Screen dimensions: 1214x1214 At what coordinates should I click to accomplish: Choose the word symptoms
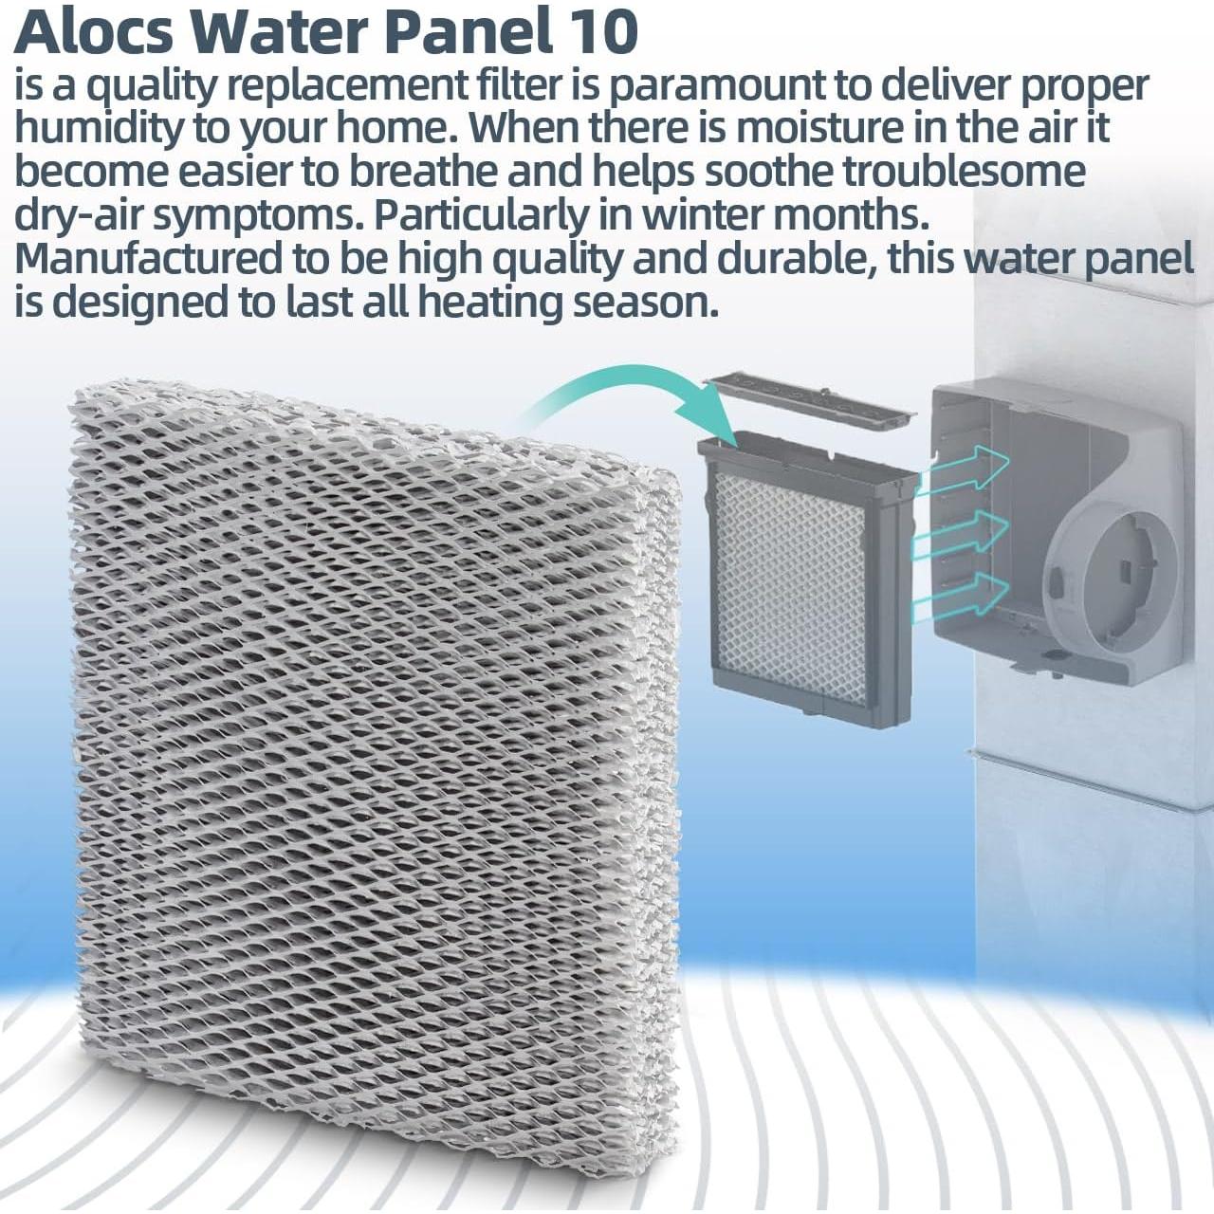[257, 215]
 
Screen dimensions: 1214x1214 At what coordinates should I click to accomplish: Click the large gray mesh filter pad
[370, 740]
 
